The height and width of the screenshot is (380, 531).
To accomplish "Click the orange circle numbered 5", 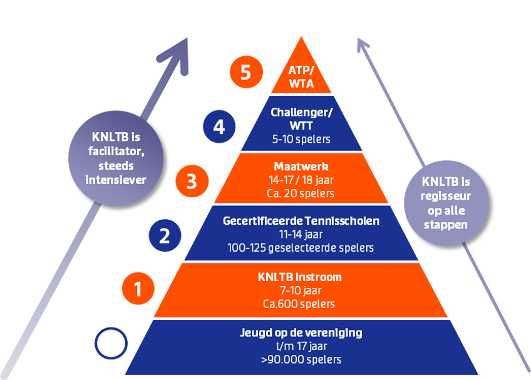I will pyautogui.click(x=245, y=73).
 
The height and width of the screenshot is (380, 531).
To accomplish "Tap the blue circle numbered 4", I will pyautogui.click(x=219, y=127).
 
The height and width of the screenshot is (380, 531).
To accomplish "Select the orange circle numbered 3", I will pyautogui.click(x=192, y=181).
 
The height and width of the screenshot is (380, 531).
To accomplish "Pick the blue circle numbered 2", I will pyautogui.click(x=165, y=235).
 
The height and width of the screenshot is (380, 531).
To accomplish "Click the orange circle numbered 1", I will pyautogui.click(x=138, y=289).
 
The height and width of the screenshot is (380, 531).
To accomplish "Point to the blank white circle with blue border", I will pyautogui.click(x=111, y=343).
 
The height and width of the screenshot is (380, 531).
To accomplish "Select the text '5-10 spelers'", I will pyautogui.click(x=301, y=139).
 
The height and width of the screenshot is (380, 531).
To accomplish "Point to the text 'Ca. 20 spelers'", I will pyautogui.click(x=301, y=193).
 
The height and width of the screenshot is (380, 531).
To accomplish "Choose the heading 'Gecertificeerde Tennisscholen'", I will pyautogui.click(x=301, y=220).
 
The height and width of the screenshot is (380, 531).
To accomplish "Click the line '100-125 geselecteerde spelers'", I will pyautogui.click(x=301, y=248).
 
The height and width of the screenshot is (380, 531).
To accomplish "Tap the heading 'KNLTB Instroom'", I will pyautogui.click(x=301, y=277).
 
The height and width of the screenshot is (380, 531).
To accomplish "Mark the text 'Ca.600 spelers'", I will pyautogui.click(x=301, y=304).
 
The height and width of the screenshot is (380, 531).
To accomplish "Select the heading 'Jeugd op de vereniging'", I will pyautogui.click(x=301, y=332).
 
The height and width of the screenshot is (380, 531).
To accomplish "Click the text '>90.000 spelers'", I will pyautogui.click(x=301, y=359).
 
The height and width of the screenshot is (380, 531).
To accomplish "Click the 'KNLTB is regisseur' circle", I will pyautogui.click(x=446, y=202).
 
